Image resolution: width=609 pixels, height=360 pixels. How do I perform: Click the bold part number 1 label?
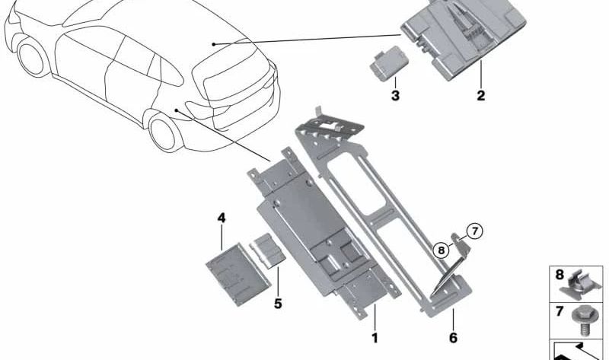pos(375,337)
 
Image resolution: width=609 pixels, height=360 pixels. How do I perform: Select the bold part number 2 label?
pos(481,95)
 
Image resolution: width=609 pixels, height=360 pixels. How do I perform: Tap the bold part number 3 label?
pos(395,95)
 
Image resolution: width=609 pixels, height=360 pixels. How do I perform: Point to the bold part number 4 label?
pos(222,218)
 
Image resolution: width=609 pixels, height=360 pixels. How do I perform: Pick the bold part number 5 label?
pos(278,304)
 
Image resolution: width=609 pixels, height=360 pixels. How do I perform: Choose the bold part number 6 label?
pos(453,337)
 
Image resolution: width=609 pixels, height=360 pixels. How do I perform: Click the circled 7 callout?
pos(474,231)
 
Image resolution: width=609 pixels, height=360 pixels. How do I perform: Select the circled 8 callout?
pos(441,250)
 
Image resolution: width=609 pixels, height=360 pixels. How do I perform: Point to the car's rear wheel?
pos(164,132)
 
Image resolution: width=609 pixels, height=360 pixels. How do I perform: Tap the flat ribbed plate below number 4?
pos(238,274)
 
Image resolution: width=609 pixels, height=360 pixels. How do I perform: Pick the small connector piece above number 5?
pos(268,251)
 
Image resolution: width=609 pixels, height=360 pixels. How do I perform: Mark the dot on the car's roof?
pos(213,44)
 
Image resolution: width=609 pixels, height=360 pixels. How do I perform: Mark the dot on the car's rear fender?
pos(176,110)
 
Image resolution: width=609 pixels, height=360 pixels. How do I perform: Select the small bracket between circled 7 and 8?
pos(461,245)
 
